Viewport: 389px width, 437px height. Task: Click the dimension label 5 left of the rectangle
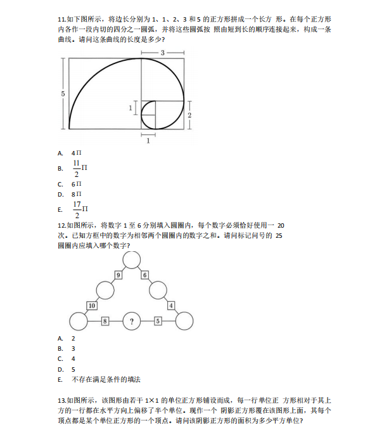[63, 93]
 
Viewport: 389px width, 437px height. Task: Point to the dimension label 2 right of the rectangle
[189, 115]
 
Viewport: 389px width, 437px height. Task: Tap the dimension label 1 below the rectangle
[148, 140]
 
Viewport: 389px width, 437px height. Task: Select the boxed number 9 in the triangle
[118, 275]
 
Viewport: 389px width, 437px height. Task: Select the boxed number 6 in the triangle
[145, 275]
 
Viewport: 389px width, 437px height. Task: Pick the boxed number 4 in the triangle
[171, 306]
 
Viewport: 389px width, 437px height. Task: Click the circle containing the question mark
[131, 322]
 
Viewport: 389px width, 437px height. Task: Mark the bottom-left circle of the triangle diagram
[79, 322]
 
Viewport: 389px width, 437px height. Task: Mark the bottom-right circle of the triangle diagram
[184, 322]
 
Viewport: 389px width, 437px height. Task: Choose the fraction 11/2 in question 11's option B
[76, 168]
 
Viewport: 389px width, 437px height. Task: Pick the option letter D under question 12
[60, 369]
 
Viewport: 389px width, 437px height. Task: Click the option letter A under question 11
[60, 153]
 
